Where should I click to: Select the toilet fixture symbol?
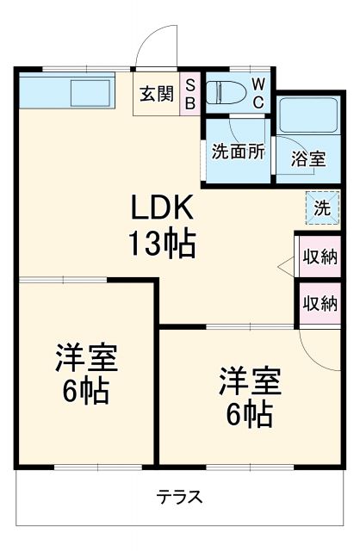click(x=225, y=92)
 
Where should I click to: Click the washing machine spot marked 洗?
click(x=320, y=207)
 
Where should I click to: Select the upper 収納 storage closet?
click(x=320, y=257)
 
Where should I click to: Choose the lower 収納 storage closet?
click(x=320, y=303)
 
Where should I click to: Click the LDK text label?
click(x=164, y=208)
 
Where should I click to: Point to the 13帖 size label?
click(x=164, y=245)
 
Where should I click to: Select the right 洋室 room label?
click(x=247, y=380)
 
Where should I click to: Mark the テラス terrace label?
click(x=179, y=497)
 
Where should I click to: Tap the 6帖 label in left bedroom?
click(x=85, y=393)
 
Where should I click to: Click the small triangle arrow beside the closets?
click(x=286, y=269)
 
